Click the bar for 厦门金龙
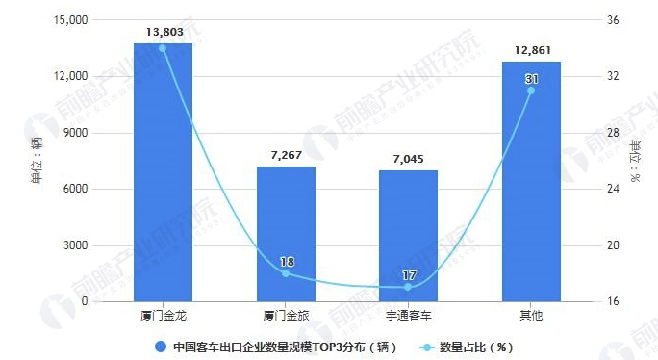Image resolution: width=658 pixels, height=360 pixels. (x=164, y=173)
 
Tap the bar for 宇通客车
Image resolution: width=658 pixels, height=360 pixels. (x=408, y=236)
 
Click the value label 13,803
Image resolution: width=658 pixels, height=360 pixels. (x=164, y=32)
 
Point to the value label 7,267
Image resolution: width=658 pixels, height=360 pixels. (x=286, y=155)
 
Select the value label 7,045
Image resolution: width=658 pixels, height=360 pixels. (x=408, y=159)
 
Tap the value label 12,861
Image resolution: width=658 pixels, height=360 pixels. (x=530, y=50)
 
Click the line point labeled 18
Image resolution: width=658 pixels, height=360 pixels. (x=286, y=273)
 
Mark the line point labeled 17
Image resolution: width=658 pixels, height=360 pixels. (x=408, y=287)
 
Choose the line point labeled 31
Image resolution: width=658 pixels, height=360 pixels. (x=530, y=90)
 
